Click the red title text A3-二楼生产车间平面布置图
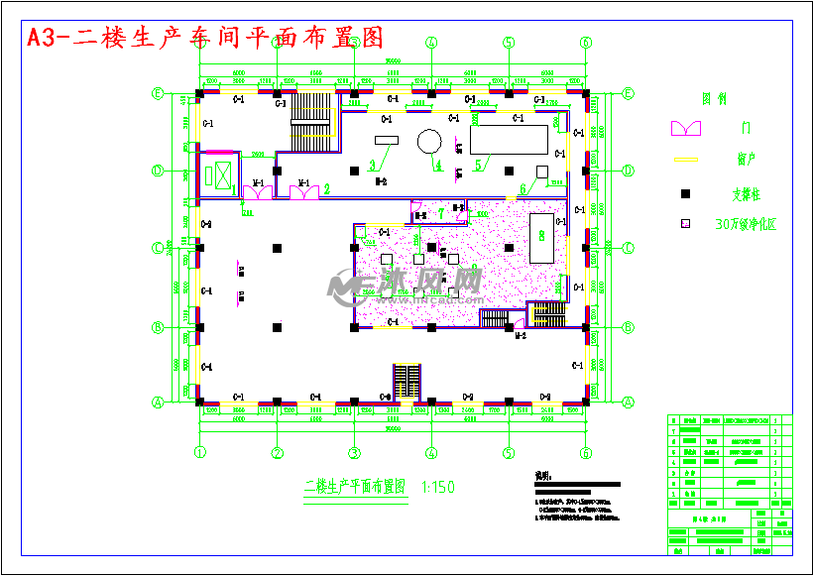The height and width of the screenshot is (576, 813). pos(204,38)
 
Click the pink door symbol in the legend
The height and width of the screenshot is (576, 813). pos(686,128)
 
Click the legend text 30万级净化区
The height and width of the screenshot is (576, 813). pos(746,225)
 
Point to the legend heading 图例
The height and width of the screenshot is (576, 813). pos(715,99)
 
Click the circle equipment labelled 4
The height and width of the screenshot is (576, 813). pos(428,141)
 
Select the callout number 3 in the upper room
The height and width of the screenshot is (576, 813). pos(372,164)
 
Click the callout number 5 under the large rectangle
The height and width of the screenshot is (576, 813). pos(478,164)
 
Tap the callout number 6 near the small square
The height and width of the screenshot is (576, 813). pos(523,189)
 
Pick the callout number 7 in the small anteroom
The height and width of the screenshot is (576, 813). pos(441,212)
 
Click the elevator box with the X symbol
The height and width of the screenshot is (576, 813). pos(218,174)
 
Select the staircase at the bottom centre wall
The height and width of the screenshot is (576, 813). pos(407,383)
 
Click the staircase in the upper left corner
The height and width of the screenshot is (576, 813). pos(308,119)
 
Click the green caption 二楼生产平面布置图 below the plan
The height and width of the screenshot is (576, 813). pos(354,487)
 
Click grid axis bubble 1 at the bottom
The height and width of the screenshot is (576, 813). pos(199,453)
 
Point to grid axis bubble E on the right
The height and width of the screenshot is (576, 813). pos(628,93)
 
